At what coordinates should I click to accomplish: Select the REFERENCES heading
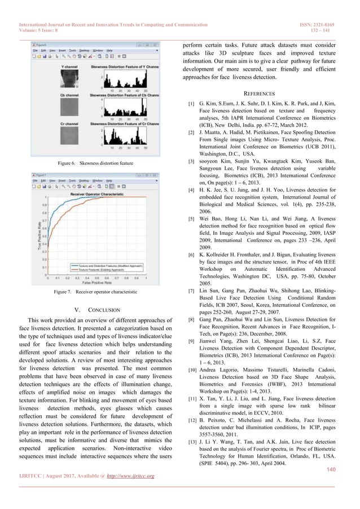[x=259, y=92]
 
